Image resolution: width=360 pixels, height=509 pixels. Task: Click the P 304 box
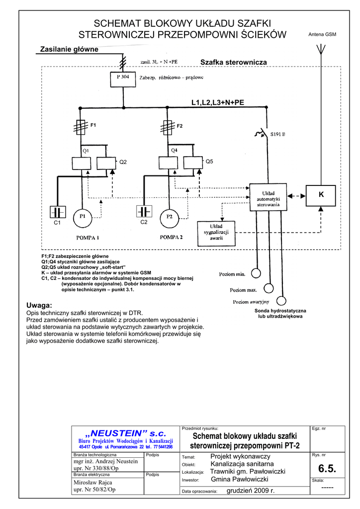click(x=122, y=80)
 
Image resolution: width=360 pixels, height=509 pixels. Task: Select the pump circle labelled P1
click(x=83, y=217)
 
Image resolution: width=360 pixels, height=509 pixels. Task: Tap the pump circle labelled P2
click(x=170, y=217)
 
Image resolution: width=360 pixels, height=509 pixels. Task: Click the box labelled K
click(x=321, y=196)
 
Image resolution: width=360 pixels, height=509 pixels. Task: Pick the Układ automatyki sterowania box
click(x=268, y=197)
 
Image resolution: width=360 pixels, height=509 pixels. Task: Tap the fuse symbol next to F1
click(x=80, y=127)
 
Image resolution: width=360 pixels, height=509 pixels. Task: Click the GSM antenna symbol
click(x=321, y=50)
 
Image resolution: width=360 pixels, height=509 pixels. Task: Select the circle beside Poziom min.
click(x=256, y=273)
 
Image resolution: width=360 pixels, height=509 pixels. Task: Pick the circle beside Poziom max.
click(x=269, y=288)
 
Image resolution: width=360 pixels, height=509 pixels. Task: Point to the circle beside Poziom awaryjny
click(x=281, y=301)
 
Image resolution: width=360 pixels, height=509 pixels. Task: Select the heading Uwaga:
click(x=39, y=305)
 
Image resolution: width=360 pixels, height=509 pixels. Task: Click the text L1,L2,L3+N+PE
click(x=218, y=102)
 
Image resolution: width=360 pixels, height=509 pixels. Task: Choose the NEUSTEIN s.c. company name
click(x=125, y=433)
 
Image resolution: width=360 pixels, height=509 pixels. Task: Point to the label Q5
click(x=209, y=162)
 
